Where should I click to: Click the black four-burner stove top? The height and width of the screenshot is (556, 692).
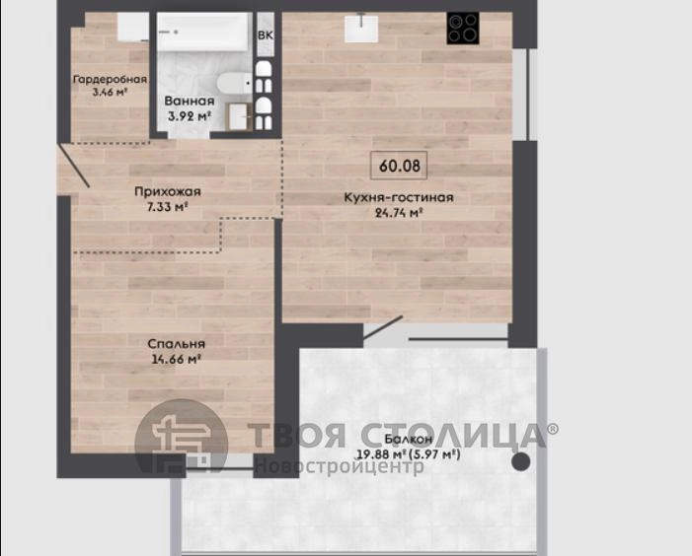463,29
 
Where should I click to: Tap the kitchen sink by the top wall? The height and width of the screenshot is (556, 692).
361,29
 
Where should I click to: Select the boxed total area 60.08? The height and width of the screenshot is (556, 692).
399,166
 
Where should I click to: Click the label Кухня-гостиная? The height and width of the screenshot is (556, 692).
399,197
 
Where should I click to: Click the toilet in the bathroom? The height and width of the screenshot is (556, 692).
235,83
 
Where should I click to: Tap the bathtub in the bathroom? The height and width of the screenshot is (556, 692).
203,32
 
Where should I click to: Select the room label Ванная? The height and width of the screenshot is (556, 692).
190,101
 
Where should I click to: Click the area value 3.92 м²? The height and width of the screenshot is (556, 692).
189,116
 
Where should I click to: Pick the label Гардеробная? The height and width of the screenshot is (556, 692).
110,79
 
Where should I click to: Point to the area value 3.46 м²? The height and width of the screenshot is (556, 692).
110,92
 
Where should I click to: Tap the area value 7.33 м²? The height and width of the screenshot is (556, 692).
167,207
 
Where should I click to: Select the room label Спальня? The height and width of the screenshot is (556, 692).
176,343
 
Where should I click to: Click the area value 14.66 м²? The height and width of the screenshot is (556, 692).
176,359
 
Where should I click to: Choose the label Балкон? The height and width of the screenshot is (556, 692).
409,439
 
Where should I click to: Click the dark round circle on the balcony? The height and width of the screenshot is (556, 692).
521,461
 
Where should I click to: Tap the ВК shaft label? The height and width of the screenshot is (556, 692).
266,36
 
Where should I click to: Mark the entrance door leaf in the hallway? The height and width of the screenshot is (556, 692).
74,166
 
